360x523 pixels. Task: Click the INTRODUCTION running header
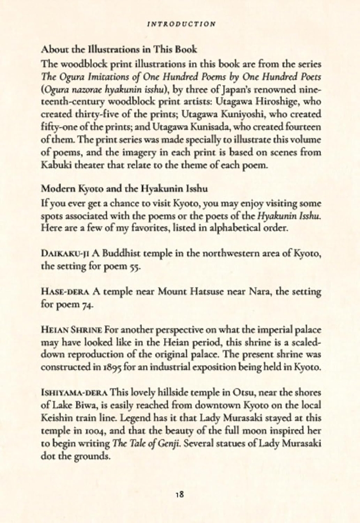coord(181,23)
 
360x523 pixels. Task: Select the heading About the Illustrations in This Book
coord(119,50)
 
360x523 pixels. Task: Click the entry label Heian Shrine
coord(71,329)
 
